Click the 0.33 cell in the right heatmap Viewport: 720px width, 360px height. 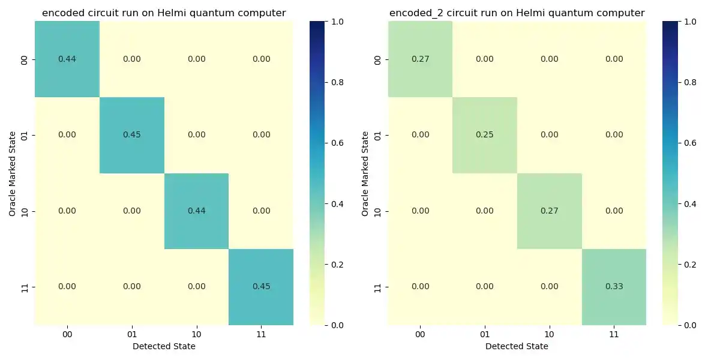pyautogui.click(x=614, y=287)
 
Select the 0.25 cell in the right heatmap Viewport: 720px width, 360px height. pyautogui.click(x=484, y=135)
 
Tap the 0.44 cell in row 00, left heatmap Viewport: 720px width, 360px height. pyautogui.click(x=67, y=59)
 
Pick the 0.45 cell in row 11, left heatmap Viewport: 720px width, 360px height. pyautogui.click(x=261, y=287)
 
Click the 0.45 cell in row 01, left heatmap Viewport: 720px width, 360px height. pyautogui.click(x=131, y=135)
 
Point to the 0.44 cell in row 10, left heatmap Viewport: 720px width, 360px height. pyautogui.click(x=196, y=211)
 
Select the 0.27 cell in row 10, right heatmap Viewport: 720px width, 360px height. pyautogui.click(x=549, y=211)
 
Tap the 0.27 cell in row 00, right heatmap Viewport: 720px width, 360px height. pyautogui.click(x=420, y=59)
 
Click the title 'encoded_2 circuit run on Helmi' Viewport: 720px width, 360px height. pyautogui.click(x=517, y=13)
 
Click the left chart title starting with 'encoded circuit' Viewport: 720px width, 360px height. pyautogui.click(x=164, y=13)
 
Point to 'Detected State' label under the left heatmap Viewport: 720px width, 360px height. pyautogui.click(x=164, y=346)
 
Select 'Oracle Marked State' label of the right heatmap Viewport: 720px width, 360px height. pyautogui.click(x=365, y=174)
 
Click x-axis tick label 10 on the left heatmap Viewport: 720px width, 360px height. pyautogui.click(x=196, y=333)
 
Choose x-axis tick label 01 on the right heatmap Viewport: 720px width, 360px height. pyautogui.click(x=484, y=333)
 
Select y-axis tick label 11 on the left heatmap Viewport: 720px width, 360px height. pyautogui.click(x=25, y=287)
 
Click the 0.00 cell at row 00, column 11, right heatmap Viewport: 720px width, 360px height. pyautogui.click(x=614, y=59)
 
